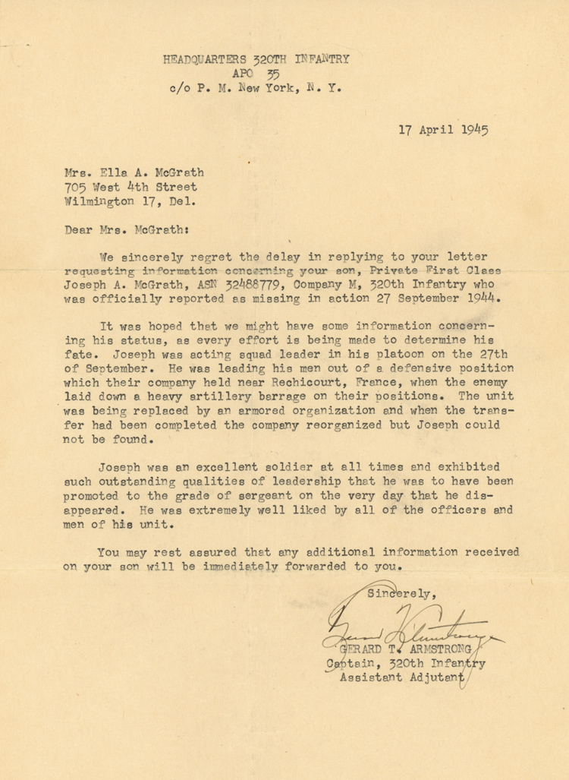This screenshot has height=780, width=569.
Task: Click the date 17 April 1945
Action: pyautogui.click(x=443, y=129)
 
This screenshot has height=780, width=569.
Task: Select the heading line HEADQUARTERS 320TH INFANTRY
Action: pyautogui.click(x=256, y=58)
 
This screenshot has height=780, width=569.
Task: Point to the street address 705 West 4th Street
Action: pyautogui.click(x=130, y=187)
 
